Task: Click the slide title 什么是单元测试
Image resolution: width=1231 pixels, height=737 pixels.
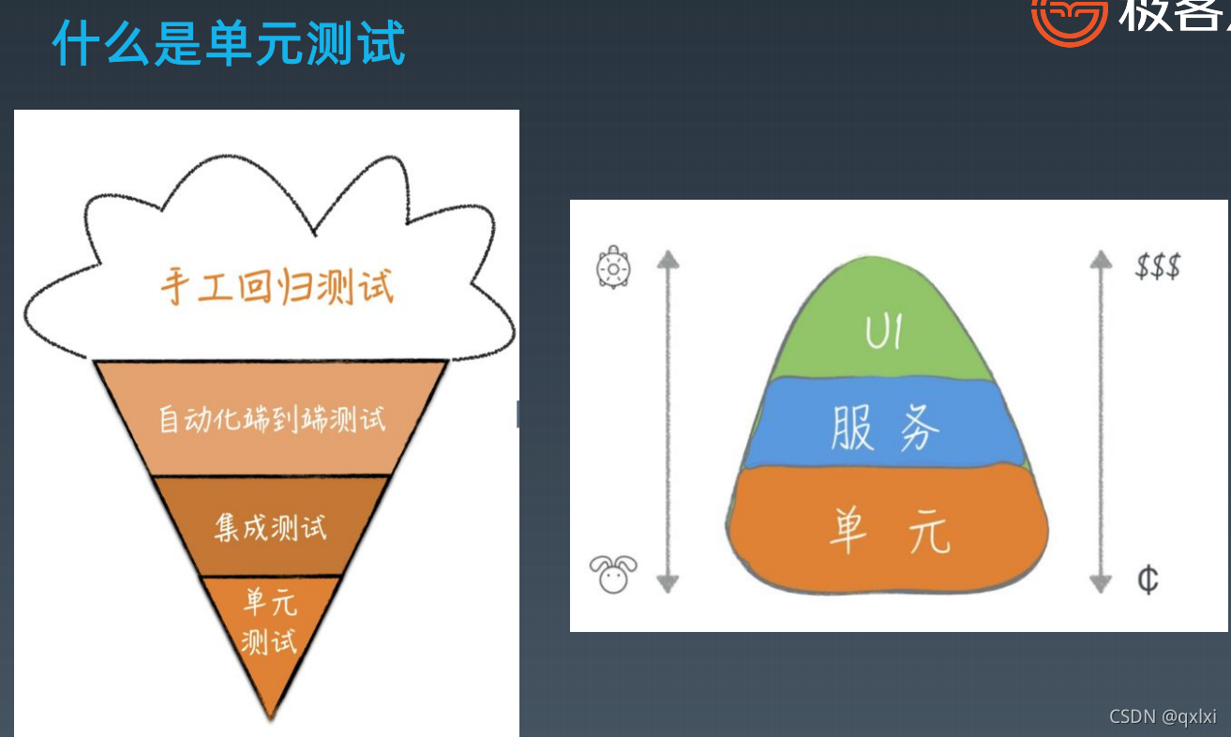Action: click(229, 43)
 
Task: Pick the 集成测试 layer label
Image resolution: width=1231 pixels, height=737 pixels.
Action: click(271, 526)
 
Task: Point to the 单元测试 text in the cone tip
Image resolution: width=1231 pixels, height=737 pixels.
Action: click(269, 620)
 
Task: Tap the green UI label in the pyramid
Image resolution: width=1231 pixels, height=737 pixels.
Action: click(883, 332)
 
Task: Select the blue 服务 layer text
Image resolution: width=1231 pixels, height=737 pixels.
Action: click(885, 429)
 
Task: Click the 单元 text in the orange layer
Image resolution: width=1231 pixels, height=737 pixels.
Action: click(889, 530)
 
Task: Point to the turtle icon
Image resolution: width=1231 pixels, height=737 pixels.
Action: click(613, 267)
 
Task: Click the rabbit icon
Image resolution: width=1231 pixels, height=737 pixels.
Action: click(613, 573)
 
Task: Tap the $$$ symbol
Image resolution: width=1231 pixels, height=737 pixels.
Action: click(1157, 266)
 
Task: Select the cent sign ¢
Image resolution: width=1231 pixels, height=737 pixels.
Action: click(1148, 579)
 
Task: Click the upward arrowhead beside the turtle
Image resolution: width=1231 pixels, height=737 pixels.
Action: click(667, 259)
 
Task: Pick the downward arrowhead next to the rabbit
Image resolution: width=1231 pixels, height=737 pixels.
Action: click(667, 582)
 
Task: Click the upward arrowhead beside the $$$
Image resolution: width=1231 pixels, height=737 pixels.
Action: click(1101, 259)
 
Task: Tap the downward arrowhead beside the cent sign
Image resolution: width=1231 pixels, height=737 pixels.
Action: click(1101, 582)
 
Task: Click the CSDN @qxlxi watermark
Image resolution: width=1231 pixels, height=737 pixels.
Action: click(1163, 716)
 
